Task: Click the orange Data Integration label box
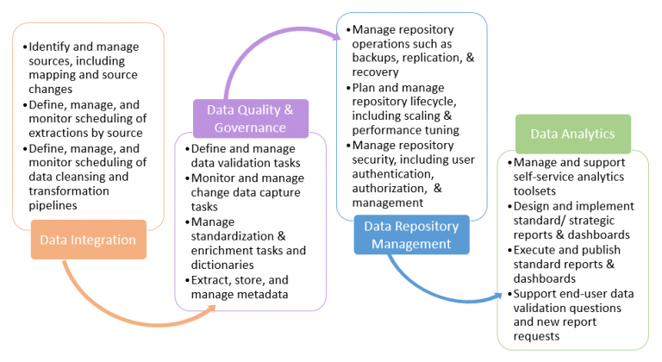pos(89,240)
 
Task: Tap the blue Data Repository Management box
pos(411,234)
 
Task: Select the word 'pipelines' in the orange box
pos(53,206)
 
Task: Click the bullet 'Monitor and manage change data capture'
pos(245,192)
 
